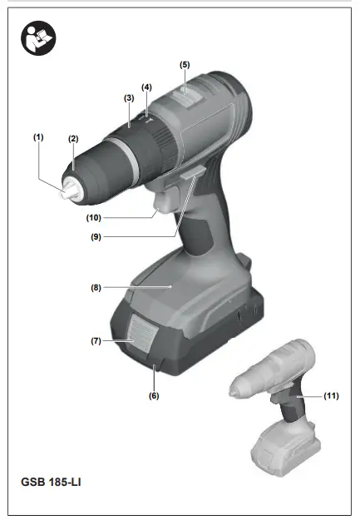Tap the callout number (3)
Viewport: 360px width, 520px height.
click(x=129, y=97)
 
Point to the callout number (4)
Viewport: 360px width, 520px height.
click(x=147, y=87)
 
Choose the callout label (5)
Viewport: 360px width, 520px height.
click(x=185, y=64)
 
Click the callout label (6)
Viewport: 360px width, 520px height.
click(x=154, y=395)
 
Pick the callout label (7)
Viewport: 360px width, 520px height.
click(x=96, y=341)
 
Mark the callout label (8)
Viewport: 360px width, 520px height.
click(x=96, y=288)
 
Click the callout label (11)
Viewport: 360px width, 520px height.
click(x=332, y=396)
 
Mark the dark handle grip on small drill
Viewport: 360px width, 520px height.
click(x=291, y=407)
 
